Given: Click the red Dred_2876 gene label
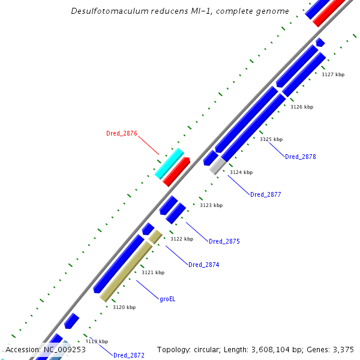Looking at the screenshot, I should [x=122, y=133].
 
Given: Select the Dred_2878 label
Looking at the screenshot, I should [x=300, y=157].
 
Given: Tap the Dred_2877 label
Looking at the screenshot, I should [x=265, y=194].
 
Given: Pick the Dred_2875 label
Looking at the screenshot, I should [x=224, y=241].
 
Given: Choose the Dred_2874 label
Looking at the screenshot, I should [x=204, y=265].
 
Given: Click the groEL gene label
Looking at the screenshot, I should [x=169, y=298].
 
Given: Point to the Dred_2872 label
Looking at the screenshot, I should [x=129, y=355].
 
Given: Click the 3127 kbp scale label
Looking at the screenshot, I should [x=333, y=75].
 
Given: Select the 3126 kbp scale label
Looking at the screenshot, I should [x=302, y=107].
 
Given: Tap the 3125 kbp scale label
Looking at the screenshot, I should [x=271, y=139].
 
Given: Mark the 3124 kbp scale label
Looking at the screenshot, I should [x=241, y=172].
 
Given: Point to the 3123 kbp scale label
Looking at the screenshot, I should [x=211, y=205].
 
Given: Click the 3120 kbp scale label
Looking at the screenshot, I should [x=124, y=307].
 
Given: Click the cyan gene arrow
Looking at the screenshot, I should [x=169, y=163].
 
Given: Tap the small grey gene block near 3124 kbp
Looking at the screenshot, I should [x=218, y=166].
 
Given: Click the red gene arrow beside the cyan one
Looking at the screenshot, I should [x=176, y=172].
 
